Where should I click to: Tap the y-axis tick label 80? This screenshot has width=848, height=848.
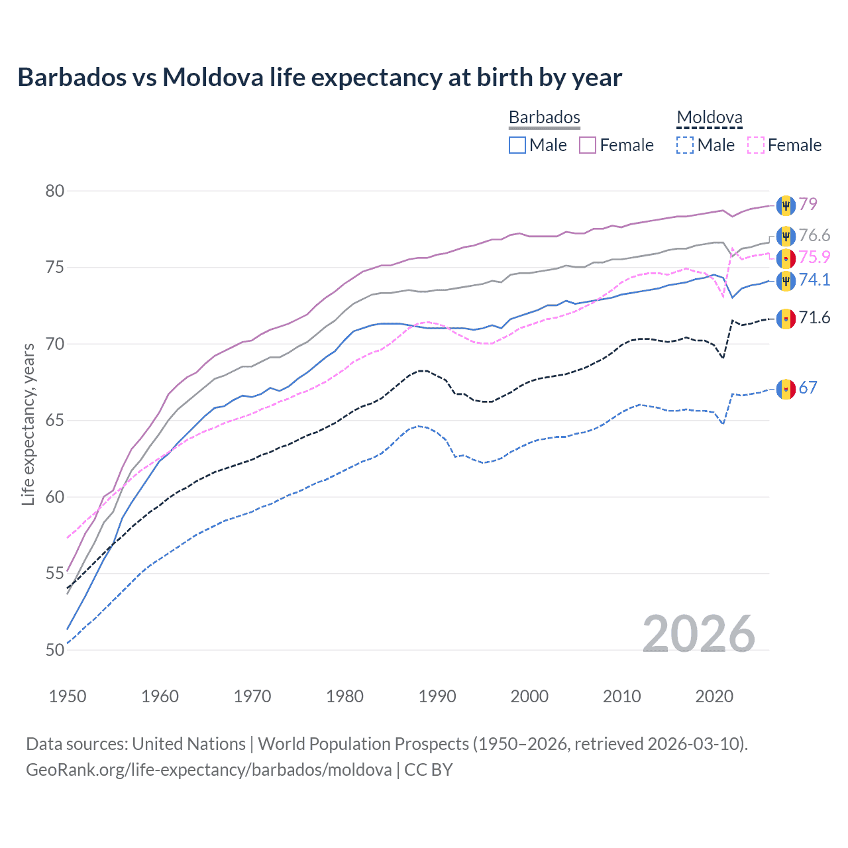point(55,191)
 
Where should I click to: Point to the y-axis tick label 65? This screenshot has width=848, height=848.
point(55,421)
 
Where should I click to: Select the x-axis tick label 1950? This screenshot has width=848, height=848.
point(68,696)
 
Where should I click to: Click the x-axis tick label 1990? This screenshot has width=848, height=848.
point(437,696)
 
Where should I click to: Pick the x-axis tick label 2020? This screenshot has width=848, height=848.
point(714,696)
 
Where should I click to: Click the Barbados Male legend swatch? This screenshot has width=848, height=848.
point(517,145)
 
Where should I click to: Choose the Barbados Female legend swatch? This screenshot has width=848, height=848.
point(588,145)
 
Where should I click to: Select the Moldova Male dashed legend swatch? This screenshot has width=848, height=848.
point(685,145)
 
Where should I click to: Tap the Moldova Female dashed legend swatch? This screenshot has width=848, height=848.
point(755,145)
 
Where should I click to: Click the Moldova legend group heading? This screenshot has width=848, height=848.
point(710,118)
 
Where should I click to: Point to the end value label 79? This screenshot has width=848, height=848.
point(808,204)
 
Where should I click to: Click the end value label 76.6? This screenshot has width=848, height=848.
point(814,236)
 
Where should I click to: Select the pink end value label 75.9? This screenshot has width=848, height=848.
point(814,258)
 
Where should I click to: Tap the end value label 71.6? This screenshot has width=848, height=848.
point(814,318)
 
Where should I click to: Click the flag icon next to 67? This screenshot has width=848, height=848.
point(786,388)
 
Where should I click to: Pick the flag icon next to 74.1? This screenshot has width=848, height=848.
point(786,280)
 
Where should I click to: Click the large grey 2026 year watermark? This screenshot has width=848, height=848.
point(699,634)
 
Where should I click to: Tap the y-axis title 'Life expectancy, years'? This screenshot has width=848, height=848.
point(28,424)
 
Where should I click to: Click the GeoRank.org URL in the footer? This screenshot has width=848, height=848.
point(209,770)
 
